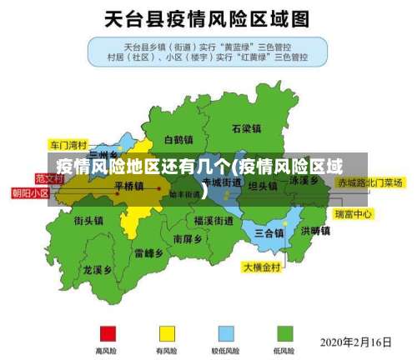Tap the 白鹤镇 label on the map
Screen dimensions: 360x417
coord(178,140)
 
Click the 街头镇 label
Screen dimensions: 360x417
coord(88,221)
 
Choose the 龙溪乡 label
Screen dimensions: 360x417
coord(98,270)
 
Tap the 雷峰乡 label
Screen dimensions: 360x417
coord(148,252)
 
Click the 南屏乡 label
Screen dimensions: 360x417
coord(188,238)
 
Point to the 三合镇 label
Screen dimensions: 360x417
coord(269,232)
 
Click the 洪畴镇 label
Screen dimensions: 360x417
coord(315,231)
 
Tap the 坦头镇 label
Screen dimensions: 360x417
coord(262,186)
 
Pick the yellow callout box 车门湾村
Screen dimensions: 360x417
coord(68,143)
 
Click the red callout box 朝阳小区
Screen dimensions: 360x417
coord(29,192)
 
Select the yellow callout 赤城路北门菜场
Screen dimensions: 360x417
coord(370,182)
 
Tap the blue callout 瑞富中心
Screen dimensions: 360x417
coord(353,214)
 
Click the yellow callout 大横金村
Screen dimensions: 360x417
coord(263,267)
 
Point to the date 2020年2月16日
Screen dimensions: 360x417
coord(356,341)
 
